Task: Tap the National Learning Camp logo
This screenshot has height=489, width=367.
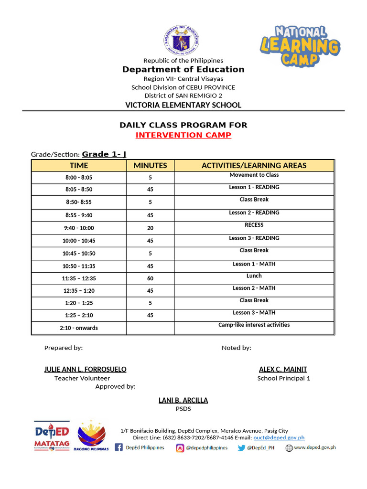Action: click(300, 46)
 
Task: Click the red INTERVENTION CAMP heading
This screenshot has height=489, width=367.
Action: click(183, 135)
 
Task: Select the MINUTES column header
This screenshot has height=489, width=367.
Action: click(150, 166)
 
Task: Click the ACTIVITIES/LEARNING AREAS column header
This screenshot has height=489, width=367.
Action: click(254, 166)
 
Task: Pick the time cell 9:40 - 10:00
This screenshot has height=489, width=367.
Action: click(78, 228)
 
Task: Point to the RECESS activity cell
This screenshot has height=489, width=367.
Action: click(254, 225)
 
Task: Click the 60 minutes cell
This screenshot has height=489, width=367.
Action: click(150, 278)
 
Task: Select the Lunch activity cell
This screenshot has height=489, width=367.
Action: click(254, 276)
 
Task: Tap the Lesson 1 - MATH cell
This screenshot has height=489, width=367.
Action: click(254, 264)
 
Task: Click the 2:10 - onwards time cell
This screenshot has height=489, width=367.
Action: click(78, 328)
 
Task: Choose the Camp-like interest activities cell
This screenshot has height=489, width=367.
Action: click(254, 325)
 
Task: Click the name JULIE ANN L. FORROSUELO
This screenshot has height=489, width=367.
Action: click(85, 369)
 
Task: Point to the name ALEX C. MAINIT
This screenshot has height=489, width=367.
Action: click(283, 369)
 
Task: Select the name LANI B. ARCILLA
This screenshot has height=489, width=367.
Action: click(183, 400)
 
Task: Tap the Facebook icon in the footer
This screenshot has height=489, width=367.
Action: click(119, 448)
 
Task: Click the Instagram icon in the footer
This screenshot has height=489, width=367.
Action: click(180, 448)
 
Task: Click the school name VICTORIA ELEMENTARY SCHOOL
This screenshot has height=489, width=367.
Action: click(183, 105)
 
